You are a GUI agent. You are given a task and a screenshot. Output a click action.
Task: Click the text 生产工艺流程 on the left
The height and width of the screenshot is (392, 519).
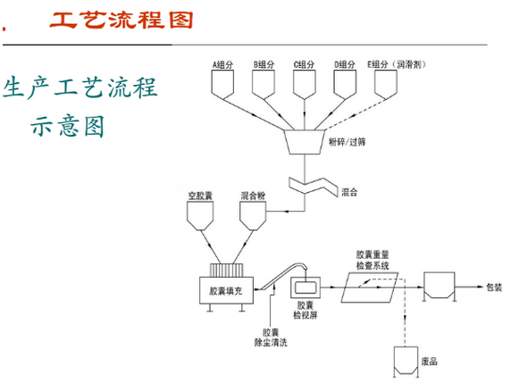click(x=80, y=89)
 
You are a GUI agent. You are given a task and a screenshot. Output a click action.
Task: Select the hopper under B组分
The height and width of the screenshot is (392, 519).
click(x=264, y=84)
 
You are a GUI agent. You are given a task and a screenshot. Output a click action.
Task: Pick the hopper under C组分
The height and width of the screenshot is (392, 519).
click(x=306, y=84)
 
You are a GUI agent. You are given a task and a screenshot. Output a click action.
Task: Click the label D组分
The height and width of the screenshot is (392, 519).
click(x=345, y=63)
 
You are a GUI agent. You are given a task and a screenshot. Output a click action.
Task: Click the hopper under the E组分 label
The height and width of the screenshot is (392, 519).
click(x=386, y=84)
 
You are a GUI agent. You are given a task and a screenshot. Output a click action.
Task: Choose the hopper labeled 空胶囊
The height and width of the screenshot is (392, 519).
click(x=198, y=214)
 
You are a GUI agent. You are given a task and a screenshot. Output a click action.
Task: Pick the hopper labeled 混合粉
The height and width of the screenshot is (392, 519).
click(x=255, y=214)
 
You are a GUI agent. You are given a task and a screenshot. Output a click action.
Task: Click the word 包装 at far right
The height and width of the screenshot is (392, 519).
click(x=495, y=288)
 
